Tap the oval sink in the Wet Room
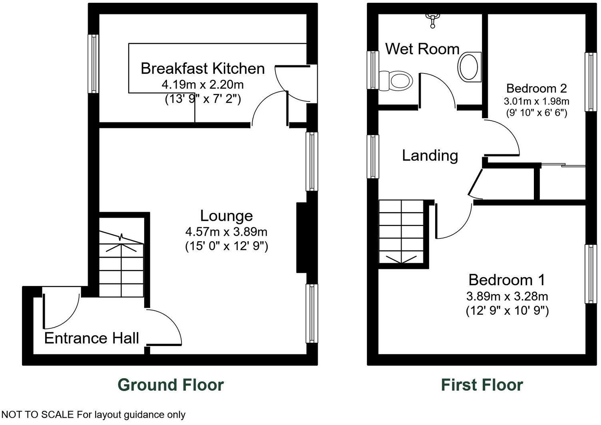pos(469,67)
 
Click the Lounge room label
pos(226,216)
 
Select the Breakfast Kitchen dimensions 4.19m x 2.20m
pos(203,85)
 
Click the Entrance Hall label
pos(92,338)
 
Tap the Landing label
pos(430,155)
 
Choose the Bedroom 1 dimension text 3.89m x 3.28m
pos(507,296)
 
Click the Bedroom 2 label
pos(536,88)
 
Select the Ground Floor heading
pos(171,385)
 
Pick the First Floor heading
pos(482,385)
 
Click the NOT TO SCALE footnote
pos(93,415)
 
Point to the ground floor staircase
pos(121,264)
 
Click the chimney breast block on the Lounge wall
pos(301,238)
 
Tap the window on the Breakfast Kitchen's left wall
pos(94,64)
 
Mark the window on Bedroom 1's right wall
pos(590,274)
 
